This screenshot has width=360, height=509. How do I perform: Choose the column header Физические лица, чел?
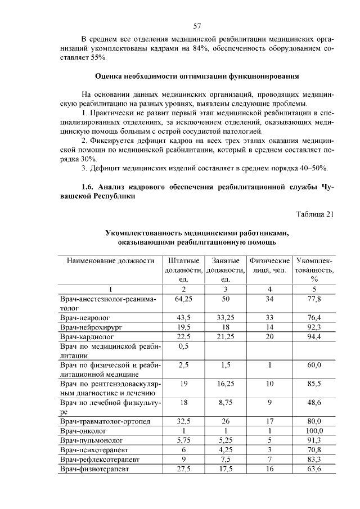269,265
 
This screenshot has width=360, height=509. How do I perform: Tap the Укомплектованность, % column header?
314,269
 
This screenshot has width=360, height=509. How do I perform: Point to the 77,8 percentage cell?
314,299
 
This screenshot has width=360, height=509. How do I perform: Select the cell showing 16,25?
226,384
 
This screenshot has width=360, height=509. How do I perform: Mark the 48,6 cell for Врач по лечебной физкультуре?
314,403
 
